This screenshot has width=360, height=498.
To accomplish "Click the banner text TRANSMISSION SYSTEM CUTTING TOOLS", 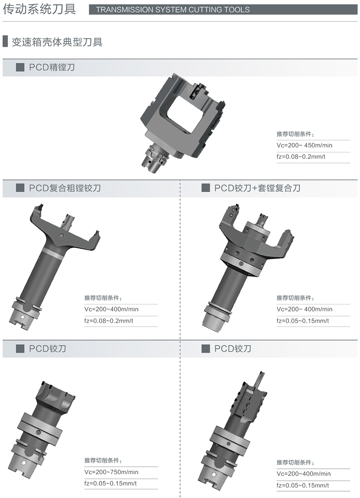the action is pyautogui.click(x=173, y=10).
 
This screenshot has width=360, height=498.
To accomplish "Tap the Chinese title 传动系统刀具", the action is pyautogui.click(x=39, y=9).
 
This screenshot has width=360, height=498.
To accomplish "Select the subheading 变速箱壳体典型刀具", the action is pyautogui.click(x=57, y=42).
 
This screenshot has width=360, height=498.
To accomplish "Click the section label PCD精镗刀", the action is pyautogui.click(x=51, y=67).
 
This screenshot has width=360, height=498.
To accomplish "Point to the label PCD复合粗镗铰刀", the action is pyautogui.click(x=65, y=188).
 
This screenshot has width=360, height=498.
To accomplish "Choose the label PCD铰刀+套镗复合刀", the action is pyautogui.click(x=257, y=188).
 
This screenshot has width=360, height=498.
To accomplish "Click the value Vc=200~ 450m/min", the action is pyautogui.click(x=304, y=145).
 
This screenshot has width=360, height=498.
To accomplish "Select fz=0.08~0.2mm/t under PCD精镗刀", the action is pyautogui.click(x=301, y=157).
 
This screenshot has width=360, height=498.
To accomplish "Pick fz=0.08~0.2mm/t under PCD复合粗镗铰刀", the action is pyautogui.click(x=109, y=321).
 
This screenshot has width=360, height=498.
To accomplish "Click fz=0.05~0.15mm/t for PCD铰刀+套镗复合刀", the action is pyautogui.click(x=303, y=321).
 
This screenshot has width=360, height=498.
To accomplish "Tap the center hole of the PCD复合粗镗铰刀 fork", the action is pyautogui.click(x=62, y=235).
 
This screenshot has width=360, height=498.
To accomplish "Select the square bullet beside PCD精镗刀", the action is pyautogui.click(x=20, y=67).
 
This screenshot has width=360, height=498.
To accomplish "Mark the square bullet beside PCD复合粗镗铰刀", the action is pyautogui.click(x=20, y=188).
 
